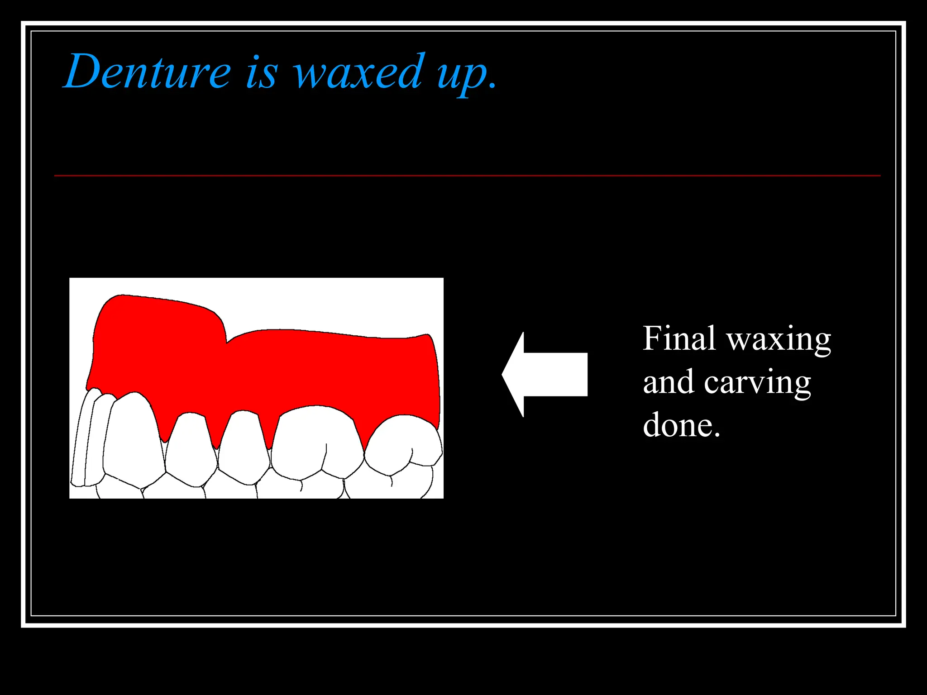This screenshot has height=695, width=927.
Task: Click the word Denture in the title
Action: pyautogui.click(x=148, y=72)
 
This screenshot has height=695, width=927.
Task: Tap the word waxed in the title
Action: pyautogui.click(x=359, y=72)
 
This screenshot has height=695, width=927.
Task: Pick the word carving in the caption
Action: pyautogui.click(x=757, y=384)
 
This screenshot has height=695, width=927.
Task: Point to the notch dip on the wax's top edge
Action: pyautogui.click(x=226, y=342)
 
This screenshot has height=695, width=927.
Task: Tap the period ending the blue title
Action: pyautogui.click(x=493, y=86)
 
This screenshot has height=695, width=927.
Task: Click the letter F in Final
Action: pyautogui.click(x=652, y=338)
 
